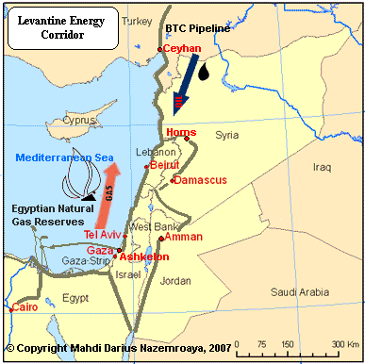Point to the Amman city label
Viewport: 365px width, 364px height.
pos(183,237)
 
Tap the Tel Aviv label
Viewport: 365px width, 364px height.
pos(104,233)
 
